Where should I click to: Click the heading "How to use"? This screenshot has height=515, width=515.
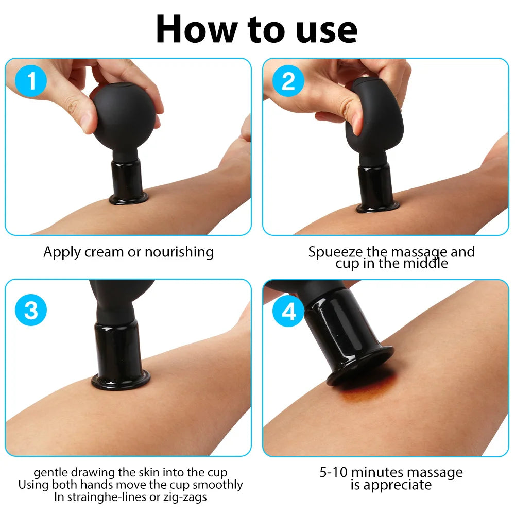click(256, 29)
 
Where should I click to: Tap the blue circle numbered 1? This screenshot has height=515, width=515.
click(31, 81)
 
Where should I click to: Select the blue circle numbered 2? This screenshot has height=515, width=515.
click(288, 81)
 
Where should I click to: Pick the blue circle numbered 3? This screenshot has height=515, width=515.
click(31, 310)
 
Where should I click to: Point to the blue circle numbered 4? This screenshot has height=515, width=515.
click(288, 311)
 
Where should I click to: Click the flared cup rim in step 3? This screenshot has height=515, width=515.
click(121, 381)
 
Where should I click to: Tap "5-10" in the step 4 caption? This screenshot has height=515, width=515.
click(333, 473)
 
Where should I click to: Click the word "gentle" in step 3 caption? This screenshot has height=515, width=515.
click(50, 473)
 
